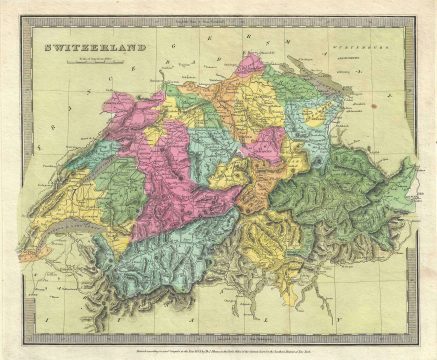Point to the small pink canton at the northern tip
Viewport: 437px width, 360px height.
[252, 66]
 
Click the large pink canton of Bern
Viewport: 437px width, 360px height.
[175, 170]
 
